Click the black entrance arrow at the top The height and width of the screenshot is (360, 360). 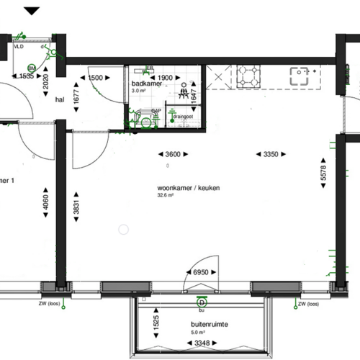coord(53,11)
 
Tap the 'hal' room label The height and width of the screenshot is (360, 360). coord(60,102)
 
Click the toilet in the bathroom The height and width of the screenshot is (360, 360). coord(146,120)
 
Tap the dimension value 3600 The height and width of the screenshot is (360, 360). coord(173,154)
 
